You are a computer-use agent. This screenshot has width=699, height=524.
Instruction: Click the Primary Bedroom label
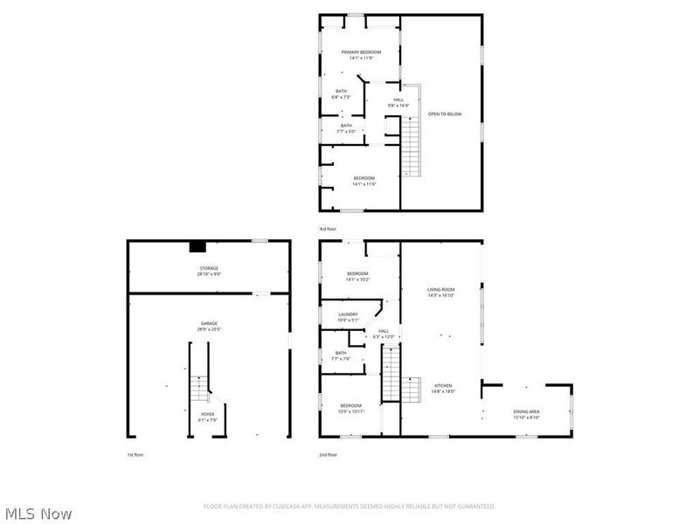361,55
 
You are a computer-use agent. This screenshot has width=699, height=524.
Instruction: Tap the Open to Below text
445,114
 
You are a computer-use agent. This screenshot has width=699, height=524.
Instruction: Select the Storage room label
209,271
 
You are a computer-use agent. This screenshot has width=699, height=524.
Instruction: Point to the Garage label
209,326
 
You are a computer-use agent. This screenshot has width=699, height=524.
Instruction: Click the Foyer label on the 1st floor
207,417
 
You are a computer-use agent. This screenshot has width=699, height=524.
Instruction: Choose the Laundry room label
348,317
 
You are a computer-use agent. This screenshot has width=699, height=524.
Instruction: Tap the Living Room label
441,293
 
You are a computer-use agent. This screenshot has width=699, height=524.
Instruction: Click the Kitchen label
441,389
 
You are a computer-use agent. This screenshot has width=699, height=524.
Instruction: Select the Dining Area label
527,413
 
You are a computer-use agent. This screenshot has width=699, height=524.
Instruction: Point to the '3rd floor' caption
328,229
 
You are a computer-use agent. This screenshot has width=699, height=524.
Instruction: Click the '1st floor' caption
136,455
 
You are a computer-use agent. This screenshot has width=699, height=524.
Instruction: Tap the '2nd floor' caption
328,455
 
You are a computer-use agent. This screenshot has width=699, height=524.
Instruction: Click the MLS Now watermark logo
38,514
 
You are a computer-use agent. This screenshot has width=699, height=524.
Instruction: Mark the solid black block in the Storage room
198,246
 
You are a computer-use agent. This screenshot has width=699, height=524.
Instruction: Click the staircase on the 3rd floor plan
410,144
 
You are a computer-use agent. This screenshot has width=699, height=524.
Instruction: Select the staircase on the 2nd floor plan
391,371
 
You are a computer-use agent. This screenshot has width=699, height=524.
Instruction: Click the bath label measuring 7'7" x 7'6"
341,355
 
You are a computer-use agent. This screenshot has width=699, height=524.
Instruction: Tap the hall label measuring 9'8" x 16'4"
398,102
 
